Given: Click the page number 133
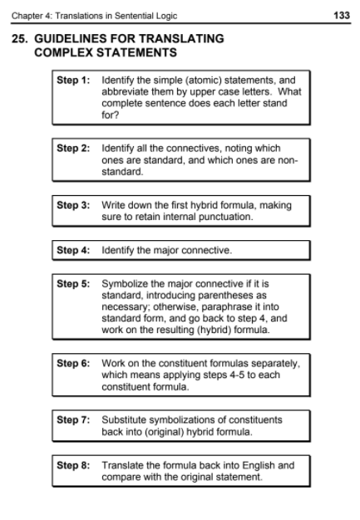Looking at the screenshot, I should (x=341, y=16).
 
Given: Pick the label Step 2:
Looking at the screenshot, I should (x=73, y=149).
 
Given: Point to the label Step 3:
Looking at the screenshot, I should (x=73, y=204).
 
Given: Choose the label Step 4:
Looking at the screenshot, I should (x=73, y=249).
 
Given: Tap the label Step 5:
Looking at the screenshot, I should (x=73, y=283).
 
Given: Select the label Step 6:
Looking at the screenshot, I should (x=73, y=364).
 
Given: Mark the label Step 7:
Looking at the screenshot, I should (x=73, y=420).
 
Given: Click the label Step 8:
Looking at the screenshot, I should (x=73, y=466).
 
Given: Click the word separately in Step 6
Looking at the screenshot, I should (x=272, y=364).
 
